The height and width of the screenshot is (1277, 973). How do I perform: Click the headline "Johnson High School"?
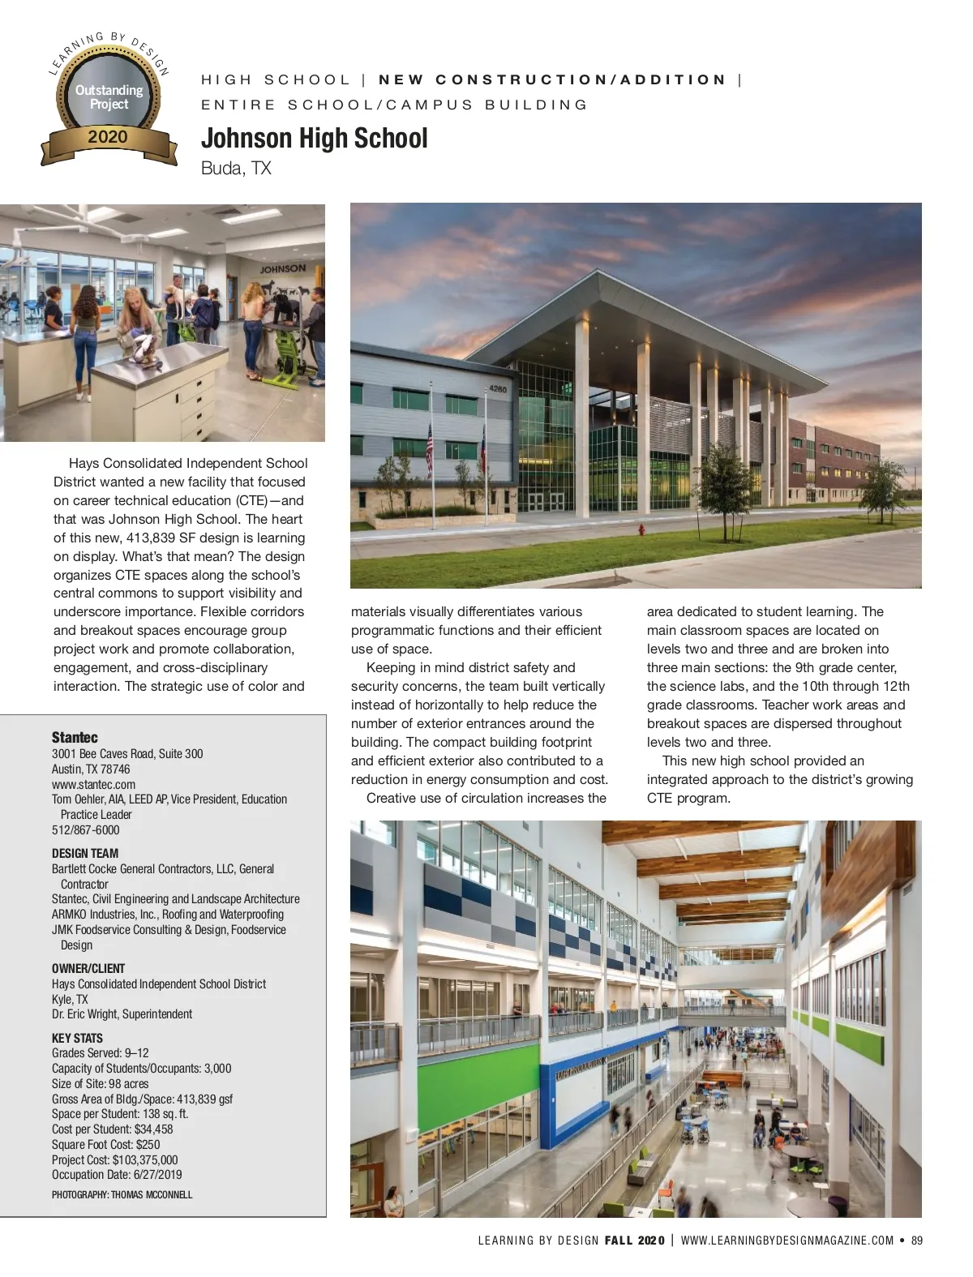point(314,139)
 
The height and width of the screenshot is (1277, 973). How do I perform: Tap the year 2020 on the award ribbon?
point(108,137)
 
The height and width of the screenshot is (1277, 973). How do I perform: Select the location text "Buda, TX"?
point(236,169)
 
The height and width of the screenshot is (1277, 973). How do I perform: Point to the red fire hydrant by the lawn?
point(641,530)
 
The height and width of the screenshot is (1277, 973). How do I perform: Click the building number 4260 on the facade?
point(498,390)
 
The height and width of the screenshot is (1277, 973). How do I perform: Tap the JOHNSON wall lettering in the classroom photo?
point(283,268)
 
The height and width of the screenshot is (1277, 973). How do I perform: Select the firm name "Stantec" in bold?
point(75,737)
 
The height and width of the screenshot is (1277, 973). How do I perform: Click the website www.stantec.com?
point(93,784)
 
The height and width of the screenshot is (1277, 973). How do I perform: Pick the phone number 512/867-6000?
point(85,829)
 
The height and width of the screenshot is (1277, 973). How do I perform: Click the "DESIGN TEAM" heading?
point(85,853)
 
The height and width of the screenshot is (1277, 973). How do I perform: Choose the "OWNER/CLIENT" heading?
point(88,968)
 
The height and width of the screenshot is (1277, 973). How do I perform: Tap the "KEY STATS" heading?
point(77,1038)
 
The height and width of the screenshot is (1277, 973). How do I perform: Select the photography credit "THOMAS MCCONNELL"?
point(152,1194)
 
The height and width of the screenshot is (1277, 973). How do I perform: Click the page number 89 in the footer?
point(917,1240)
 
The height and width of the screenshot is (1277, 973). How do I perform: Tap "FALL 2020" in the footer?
point(634,1240)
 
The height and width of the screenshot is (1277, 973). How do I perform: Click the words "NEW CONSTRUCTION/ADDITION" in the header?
point(552,79)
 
